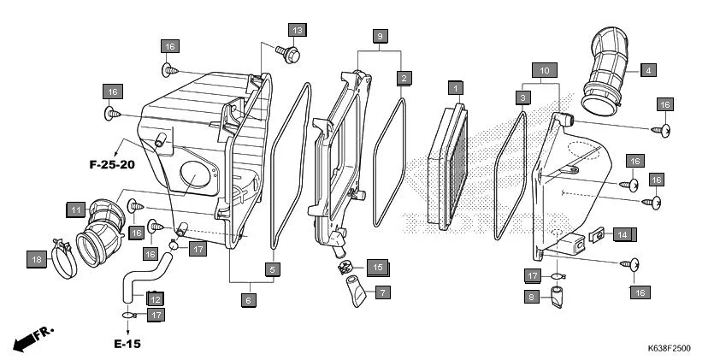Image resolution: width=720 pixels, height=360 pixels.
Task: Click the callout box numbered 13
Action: [x=297, y=31]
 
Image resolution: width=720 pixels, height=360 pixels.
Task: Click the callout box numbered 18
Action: [x=36, y=259]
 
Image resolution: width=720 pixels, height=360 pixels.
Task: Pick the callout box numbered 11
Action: [x=75, y=209]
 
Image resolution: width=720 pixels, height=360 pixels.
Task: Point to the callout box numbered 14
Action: [x=623, y=234]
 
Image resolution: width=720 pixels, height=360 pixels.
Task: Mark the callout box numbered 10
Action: [x=543, y=69]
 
